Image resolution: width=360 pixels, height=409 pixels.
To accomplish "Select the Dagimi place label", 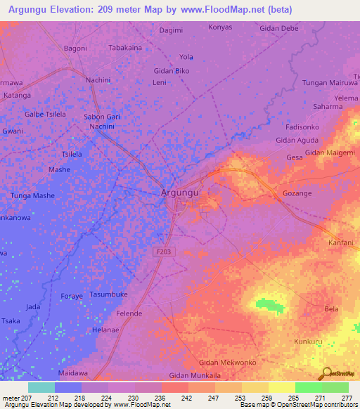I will click(x=171, y=30).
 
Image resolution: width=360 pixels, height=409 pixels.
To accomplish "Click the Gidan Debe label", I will click(x=279, y=28).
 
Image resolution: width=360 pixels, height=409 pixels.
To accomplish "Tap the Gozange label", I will click(x=296, y=193).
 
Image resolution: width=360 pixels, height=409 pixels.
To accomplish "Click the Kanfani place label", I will click(x=341, y=242).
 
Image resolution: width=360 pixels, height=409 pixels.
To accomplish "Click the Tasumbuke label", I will click(x=108, y=294).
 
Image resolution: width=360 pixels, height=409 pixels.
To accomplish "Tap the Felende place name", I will click(x=129, y=313).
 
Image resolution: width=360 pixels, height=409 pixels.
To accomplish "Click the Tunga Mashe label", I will click(x=32, y=195).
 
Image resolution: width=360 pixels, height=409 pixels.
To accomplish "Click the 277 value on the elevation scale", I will click(x=348, y=397).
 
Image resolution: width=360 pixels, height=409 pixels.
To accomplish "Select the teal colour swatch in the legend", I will click(x=41, y=387).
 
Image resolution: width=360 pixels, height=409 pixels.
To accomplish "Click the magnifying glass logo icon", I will click(x=326, y=372).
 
